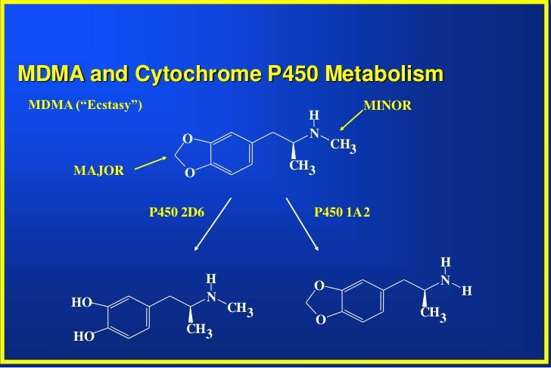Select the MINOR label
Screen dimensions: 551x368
388,105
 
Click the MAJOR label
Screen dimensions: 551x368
98,171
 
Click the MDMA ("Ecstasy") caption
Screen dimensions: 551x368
85,105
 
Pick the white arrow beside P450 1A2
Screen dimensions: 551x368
302,225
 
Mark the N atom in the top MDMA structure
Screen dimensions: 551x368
314,134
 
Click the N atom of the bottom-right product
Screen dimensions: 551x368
445,280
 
